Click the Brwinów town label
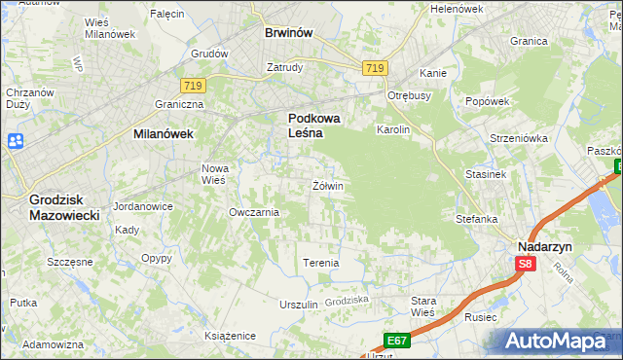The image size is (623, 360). tap(288, 32)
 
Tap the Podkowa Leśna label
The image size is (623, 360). tap(314, 126)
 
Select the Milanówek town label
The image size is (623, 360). tap(163, 136)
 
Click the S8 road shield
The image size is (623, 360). tap(526, 263)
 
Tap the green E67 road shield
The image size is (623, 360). tap(395, 341)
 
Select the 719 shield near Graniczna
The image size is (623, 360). tap(192, 87)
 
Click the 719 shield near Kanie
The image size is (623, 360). tap(376, 67)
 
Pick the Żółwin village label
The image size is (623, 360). tap(328, 185)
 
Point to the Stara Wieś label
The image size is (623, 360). tap(423, 306)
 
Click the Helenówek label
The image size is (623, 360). tap(457, 9)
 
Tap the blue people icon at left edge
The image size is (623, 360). tap(14, 142)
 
